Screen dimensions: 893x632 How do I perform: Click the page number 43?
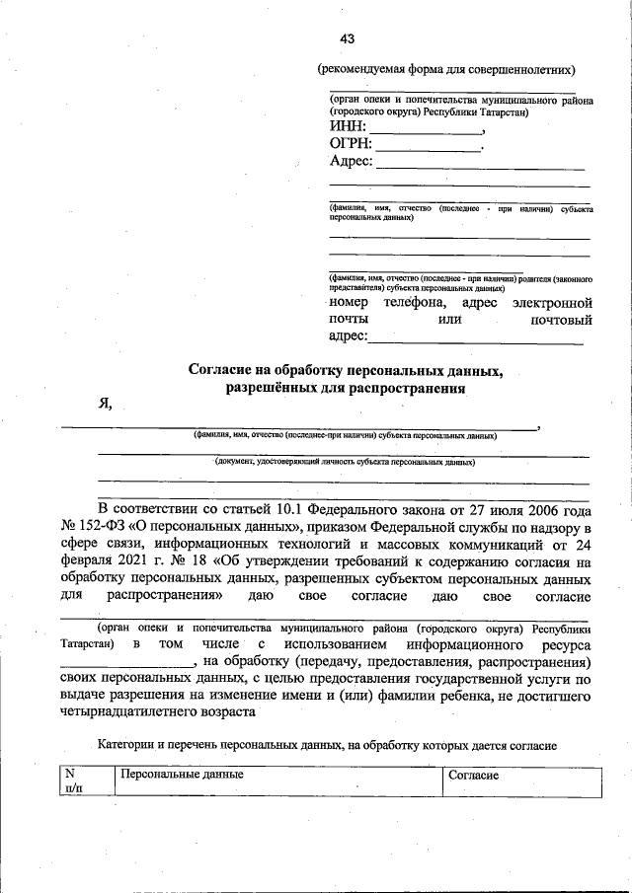click(347, 38)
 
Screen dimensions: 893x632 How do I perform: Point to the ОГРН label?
click(352, 145)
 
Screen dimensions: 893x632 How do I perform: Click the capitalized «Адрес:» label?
click(351, 162)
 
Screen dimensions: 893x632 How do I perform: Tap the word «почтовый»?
click(560, 320)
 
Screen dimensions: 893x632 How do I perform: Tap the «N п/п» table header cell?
click(73, 781)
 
